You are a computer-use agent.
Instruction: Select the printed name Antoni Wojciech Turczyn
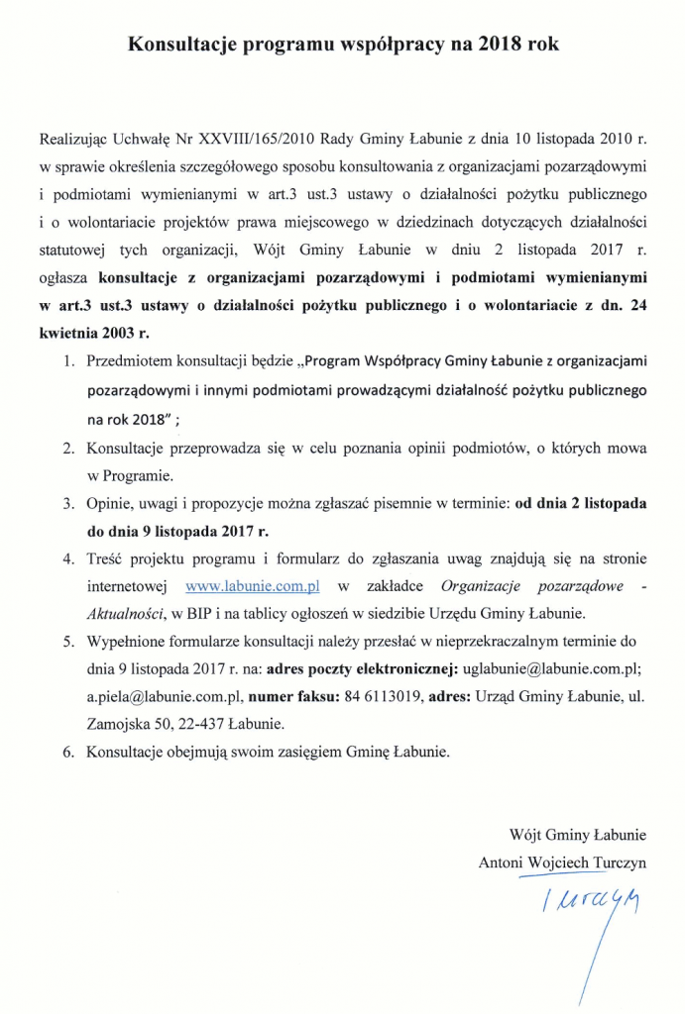[x=562, y=862]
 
